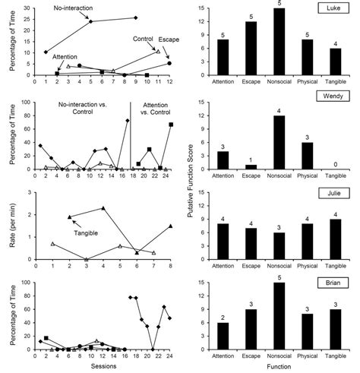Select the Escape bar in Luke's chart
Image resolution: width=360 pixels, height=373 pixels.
pos(248,48)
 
